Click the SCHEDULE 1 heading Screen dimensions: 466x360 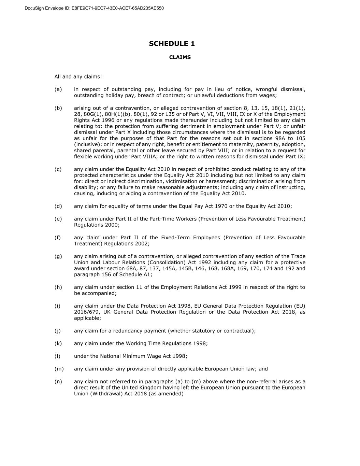172,44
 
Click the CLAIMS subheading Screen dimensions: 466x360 180,57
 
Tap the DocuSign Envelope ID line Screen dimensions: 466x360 94,8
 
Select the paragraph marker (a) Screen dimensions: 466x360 58,89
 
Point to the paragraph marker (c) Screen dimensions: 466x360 58,169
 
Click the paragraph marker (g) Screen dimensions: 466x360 58,256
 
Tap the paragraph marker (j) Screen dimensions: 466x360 58,331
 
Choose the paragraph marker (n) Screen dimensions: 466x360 58,382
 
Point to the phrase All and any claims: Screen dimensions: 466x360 78,77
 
